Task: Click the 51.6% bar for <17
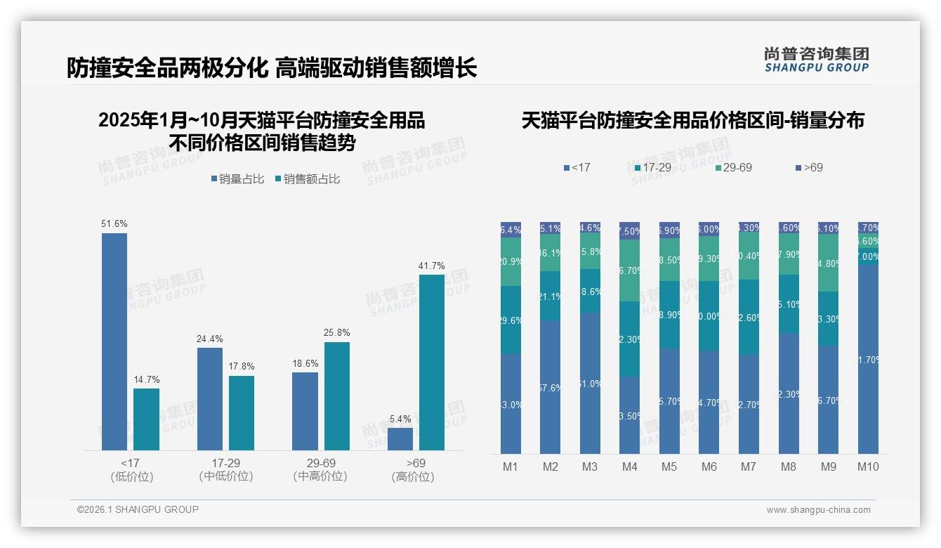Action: tap(114, 341)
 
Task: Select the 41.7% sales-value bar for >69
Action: tap(432, 362)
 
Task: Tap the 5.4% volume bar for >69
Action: tap(400, 438)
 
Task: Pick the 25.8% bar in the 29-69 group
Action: tap(337, 396)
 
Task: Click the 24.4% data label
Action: tap(210, 339)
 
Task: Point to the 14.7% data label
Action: tap(147, 379)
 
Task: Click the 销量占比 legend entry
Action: tap(237, 179)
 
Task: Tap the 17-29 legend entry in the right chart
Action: tap(654, 168)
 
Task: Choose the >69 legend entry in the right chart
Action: tap(808, 168)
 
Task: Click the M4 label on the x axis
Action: tap(629, 467)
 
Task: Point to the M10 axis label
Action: tap(868, 467)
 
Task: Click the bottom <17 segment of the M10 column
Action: tap(868, 358)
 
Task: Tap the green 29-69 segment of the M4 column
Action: tap(630, 270)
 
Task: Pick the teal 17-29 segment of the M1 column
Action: tap(511, 320)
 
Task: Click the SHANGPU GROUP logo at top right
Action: tap(817, 60)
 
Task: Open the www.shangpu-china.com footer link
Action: tap(818, 510)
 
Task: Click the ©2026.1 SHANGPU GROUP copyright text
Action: tap(138, 509)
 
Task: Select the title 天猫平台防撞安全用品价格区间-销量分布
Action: tap(692, 121)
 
